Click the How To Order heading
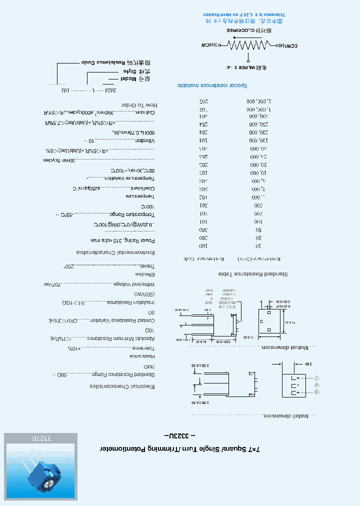click(139, 105)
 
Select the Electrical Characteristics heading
click(122, 386)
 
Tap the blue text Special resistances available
click(205, 86)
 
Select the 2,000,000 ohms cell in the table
click(257, 101)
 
